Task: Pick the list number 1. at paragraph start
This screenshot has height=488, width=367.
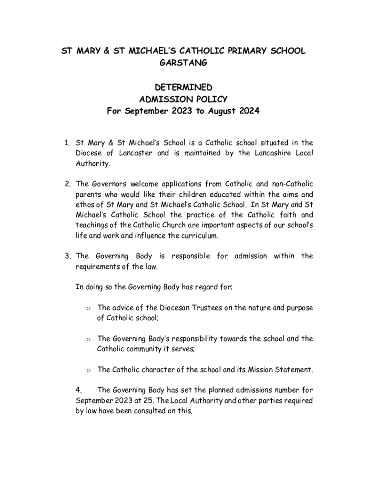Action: [69, 142]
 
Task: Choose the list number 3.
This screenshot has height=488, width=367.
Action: [69, 256]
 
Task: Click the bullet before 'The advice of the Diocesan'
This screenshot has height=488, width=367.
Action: [89, 308]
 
